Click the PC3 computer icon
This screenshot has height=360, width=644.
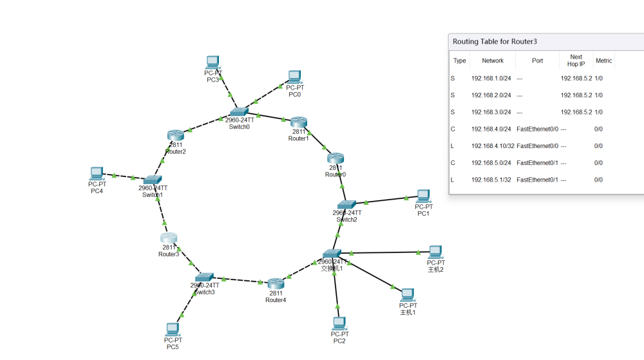213,62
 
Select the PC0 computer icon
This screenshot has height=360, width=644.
295,77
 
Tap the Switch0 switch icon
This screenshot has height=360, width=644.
238,111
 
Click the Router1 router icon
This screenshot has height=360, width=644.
298,122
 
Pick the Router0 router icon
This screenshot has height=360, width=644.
336,158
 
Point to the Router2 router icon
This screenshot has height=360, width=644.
176,136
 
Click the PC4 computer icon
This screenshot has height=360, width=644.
97,173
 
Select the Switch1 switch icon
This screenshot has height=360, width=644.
153,180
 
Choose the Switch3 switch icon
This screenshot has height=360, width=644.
204,278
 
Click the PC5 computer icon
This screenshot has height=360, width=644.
173,329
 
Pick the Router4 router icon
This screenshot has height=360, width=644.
276,284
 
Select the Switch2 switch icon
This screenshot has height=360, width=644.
346,205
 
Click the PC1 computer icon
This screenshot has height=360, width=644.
423,196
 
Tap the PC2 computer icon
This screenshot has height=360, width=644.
339,323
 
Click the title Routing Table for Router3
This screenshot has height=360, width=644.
495,41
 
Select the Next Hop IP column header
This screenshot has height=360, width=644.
576,61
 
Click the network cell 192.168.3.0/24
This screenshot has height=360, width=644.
491,112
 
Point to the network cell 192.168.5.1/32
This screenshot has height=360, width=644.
491,180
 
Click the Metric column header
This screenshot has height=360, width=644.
603,61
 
